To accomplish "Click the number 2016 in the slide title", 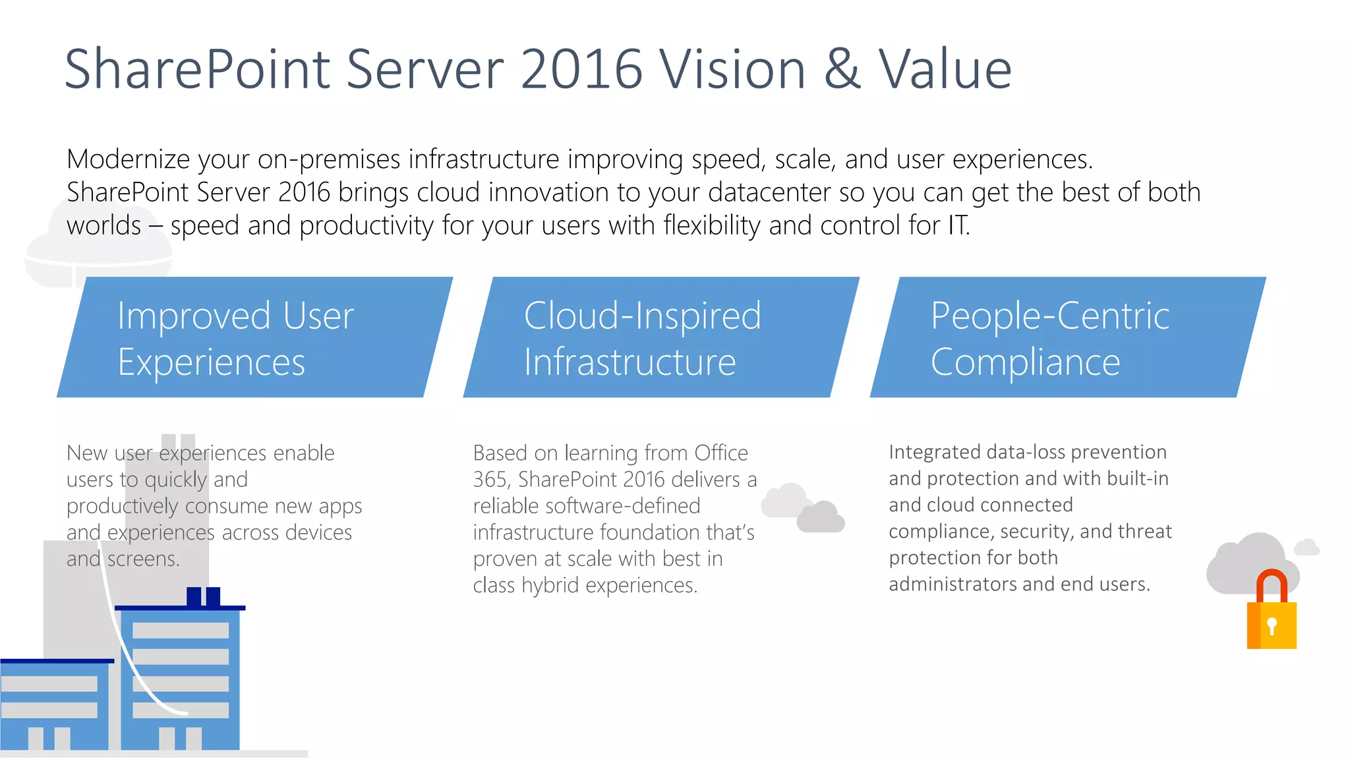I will [581, 70].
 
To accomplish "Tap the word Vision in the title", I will [733, 70].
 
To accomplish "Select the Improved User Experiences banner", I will [254, 337].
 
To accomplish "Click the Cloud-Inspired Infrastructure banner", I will [661, 337].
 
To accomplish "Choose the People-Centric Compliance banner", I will [1068, 337].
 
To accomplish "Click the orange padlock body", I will [1272, 625].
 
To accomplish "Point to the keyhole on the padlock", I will [1272, 625].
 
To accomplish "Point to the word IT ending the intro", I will [958, 225].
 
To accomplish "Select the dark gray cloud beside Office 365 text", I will [821, 517].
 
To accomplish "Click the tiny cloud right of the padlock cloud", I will [1306, 548].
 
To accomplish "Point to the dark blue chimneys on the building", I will [203, 596].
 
